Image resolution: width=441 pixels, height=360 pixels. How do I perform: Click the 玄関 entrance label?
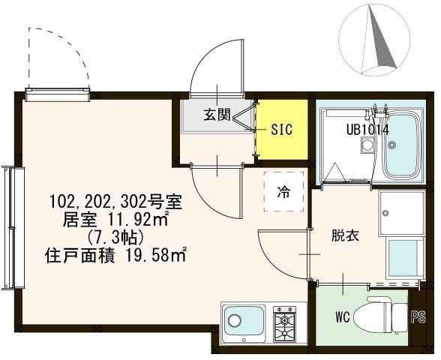[x=217, y=115]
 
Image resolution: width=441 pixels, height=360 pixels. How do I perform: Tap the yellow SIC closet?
[x=283, y=129]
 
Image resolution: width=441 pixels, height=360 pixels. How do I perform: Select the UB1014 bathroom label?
[x=367, y=130]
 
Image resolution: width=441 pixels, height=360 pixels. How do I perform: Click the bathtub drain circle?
[x=391, y=145]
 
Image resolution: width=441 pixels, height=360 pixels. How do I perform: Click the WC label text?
[x=343, y=317]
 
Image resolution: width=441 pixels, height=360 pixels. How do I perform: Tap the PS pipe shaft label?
[x=418, y=317]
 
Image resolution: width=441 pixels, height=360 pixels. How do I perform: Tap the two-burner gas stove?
[x=284, y=324]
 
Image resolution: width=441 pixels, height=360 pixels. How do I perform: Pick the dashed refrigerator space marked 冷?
[x=283, y=191]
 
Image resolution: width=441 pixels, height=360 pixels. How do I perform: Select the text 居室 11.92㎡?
[x=115, y=219]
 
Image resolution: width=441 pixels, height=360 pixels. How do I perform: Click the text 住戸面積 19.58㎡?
[x=115, y=255]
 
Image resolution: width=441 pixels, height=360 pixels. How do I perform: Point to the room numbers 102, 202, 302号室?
[x=115, y=202]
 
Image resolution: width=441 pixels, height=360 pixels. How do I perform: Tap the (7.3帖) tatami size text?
[x=115, y=238]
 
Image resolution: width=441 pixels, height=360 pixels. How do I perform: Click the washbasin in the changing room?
[x=401, y=213]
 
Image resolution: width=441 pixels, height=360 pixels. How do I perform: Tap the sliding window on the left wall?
[x=13, y=228]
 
